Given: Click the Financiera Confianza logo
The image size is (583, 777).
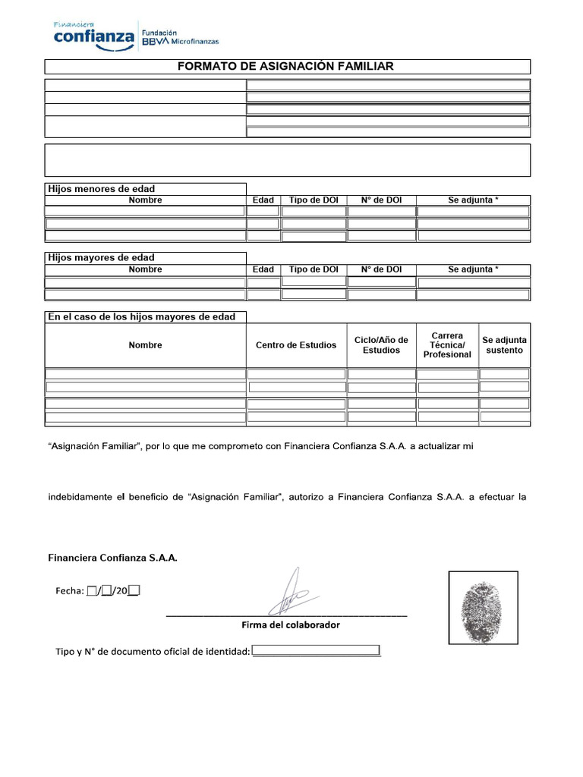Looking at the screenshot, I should [x=93, y=36].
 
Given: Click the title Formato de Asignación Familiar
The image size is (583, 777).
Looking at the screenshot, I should [x=285, y=67].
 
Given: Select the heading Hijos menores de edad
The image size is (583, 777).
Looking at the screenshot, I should [x=101, y=189].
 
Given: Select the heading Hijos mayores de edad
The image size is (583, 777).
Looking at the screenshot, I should [x=101, y=258].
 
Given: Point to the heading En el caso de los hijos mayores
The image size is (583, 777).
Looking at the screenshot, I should [x=142, y=316].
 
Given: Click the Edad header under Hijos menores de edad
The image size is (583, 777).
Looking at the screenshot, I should [x=263, y=200].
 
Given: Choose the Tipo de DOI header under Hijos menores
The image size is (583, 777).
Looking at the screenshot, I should [x=314, y=200].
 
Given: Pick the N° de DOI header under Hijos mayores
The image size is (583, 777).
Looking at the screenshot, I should [x=381, y=269].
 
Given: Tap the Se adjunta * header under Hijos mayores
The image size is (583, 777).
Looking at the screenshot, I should [x=474, y=269].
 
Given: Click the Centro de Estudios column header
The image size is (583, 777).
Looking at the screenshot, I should [x=296, y=345].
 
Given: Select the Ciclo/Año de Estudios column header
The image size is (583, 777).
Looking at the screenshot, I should [x=381, y=345].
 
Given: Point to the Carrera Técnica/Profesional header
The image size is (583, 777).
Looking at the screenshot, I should [x=447, y=345].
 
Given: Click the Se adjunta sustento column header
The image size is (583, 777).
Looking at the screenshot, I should [x=504, y=345].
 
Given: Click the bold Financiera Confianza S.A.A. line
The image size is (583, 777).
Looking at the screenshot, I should [x=112, y=558].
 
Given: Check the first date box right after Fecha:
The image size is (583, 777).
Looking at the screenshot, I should [x=92, y=591].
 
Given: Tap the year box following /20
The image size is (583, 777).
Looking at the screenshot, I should [x=134, y=591].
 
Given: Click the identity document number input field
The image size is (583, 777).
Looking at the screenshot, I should [x=316, y=651].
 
